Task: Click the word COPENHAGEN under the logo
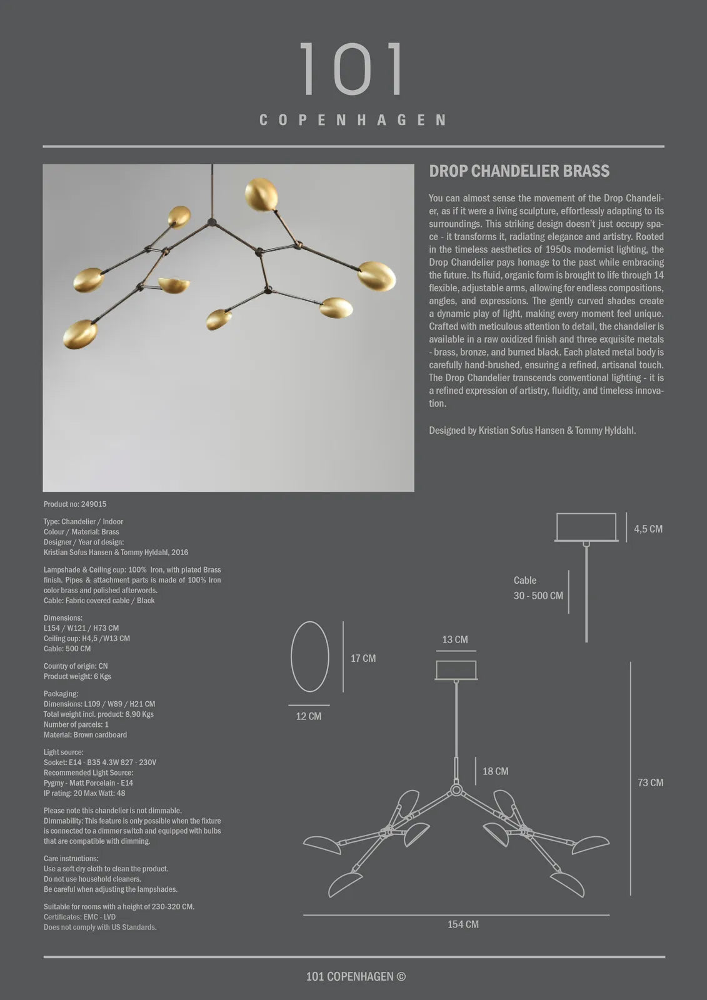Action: click(353, 119)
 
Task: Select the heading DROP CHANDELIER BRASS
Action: click(519, 171)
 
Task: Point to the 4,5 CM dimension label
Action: click(648, 529)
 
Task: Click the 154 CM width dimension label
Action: click(463, 924)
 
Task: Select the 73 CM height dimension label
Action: click(650, 782)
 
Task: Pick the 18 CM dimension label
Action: click(495, 771)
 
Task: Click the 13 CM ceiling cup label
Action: click(455, 639)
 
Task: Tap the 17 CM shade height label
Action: click(363, 658)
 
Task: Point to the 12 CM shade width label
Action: click(309, 716)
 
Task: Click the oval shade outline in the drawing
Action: click(310, 656)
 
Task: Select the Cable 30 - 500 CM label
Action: click(538, 588)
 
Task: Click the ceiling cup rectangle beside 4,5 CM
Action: click(586, 527)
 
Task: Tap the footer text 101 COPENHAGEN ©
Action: click(356, 976)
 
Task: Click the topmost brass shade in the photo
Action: click(261, 194)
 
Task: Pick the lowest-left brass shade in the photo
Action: click(80, 334)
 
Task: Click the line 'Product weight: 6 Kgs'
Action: click(78, 676)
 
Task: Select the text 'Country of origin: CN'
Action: click(76, 666)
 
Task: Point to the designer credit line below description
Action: click(532, 431)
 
